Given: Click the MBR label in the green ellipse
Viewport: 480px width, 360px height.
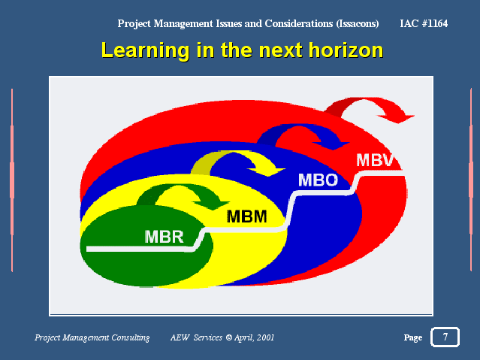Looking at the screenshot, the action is (164, 237).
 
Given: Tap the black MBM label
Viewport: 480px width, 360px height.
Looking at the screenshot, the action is (246, 216).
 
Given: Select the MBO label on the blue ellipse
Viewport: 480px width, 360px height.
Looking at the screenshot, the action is (318, 180).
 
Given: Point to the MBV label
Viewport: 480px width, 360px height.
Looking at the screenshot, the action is (375, 160).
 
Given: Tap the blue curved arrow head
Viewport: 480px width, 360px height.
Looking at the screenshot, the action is (332, 145).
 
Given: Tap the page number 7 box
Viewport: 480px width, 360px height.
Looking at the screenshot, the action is (445, 337).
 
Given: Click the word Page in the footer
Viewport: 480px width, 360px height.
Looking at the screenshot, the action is (413, 337).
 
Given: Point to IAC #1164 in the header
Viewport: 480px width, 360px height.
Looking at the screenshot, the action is (424, 23).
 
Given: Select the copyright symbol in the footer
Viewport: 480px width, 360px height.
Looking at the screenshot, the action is (228, 337).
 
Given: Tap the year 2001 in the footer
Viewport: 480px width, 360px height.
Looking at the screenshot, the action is (265, 337).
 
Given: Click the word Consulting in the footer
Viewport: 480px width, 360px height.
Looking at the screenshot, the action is (131, 337).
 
